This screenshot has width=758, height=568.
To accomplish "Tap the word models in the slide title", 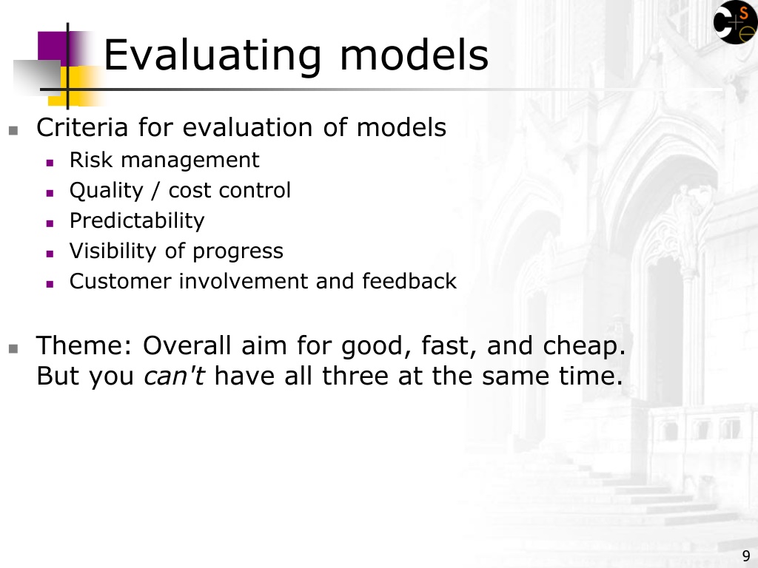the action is [x=415, y=54].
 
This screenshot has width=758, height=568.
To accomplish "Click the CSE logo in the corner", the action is [x=735, y=22].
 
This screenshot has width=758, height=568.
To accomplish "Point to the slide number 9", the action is [x=746, y=555].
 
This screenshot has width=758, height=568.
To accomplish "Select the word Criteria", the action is [x=82, y=127].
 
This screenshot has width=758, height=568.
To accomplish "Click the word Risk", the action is [x=91, y=160].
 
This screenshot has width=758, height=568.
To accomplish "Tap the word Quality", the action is [x=107, y=191].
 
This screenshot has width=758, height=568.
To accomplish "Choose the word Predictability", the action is [x=137, y=221].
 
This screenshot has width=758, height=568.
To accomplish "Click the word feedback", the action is [x=409, y=281].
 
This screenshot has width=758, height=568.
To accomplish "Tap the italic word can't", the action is [x=175, y=376].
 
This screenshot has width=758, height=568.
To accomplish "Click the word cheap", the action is [x=585, y=347].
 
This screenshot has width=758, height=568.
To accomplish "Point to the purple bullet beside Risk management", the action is [x=50, y=163].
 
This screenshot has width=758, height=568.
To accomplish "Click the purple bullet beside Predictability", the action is [x=50, y=223].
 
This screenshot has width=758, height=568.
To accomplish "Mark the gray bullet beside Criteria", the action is [x=13, y=130].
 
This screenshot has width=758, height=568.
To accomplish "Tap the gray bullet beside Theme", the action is [x=13, y=349].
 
